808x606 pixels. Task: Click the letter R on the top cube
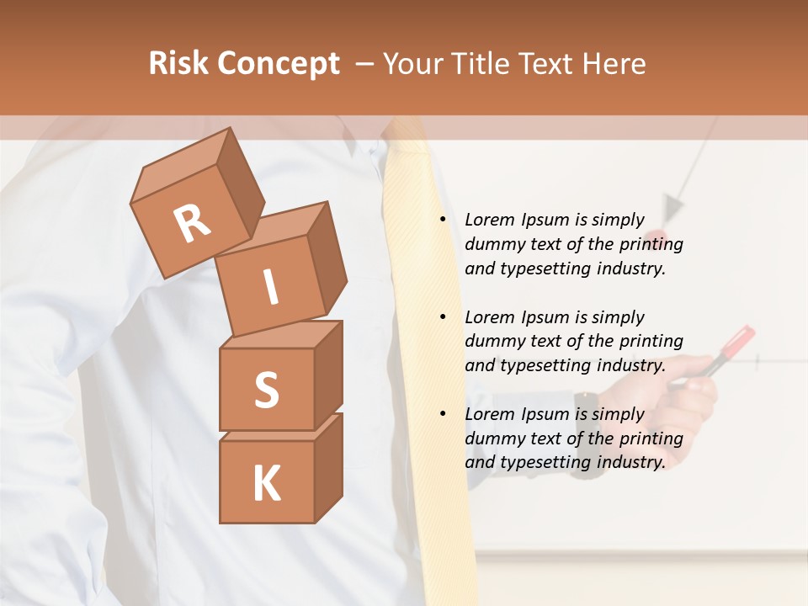coord(192,224)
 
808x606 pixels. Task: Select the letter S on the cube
coord(266,390)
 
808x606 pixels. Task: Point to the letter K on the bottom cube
coord(266,483)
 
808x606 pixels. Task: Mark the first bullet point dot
coord(443,221)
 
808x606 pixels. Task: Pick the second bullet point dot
coord(443,317)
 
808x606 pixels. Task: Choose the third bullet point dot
coord(443,414)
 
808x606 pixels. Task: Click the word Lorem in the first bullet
coord(489,220)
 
